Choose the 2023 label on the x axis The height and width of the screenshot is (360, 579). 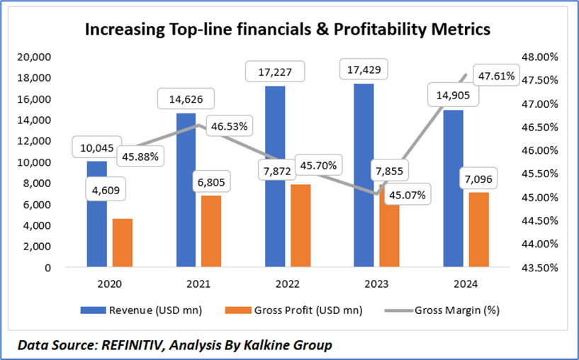pyautogui.click(x=375, y=284)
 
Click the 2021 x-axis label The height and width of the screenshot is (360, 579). pyautogui.click(x=199, y=284)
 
